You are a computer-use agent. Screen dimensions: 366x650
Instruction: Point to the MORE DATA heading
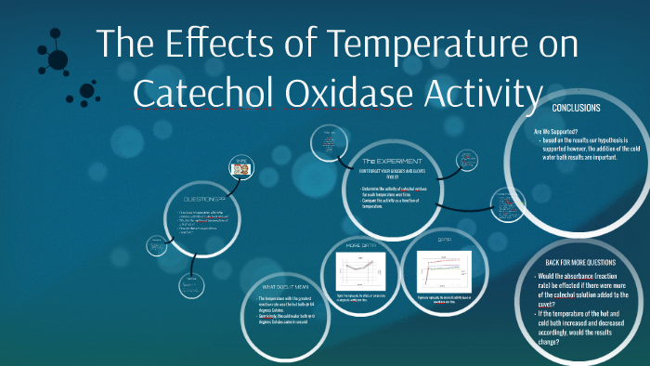(359, 245)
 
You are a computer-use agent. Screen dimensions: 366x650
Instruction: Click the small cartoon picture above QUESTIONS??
(241, 168)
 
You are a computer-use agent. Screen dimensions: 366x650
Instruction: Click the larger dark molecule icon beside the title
(58, 59)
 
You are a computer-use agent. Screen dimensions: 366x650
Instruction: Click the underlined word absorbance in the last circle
(593, 277)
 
